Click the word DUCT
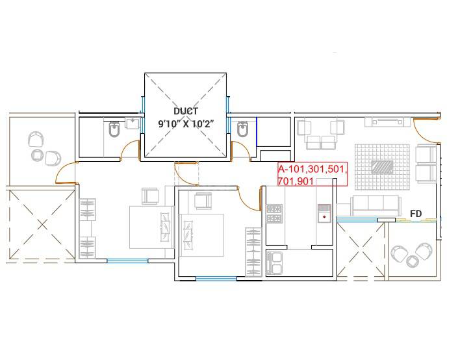click(x=186, y=111)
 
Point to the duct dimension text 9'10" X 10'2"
click(x=186, y=123)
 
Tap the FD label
click(x=416, y=213)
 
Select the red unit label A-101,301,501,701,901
click(x=312, y=174)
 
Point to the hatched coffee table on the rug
click(x=382, y=166)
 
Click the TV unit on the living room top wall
click(x=386, y=122)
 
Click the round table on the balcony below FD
click(x=413, y=261)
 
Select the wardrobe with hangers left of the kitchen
click(x=252, y=251)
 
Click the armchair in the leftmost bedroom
click(x=151, y=195)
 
